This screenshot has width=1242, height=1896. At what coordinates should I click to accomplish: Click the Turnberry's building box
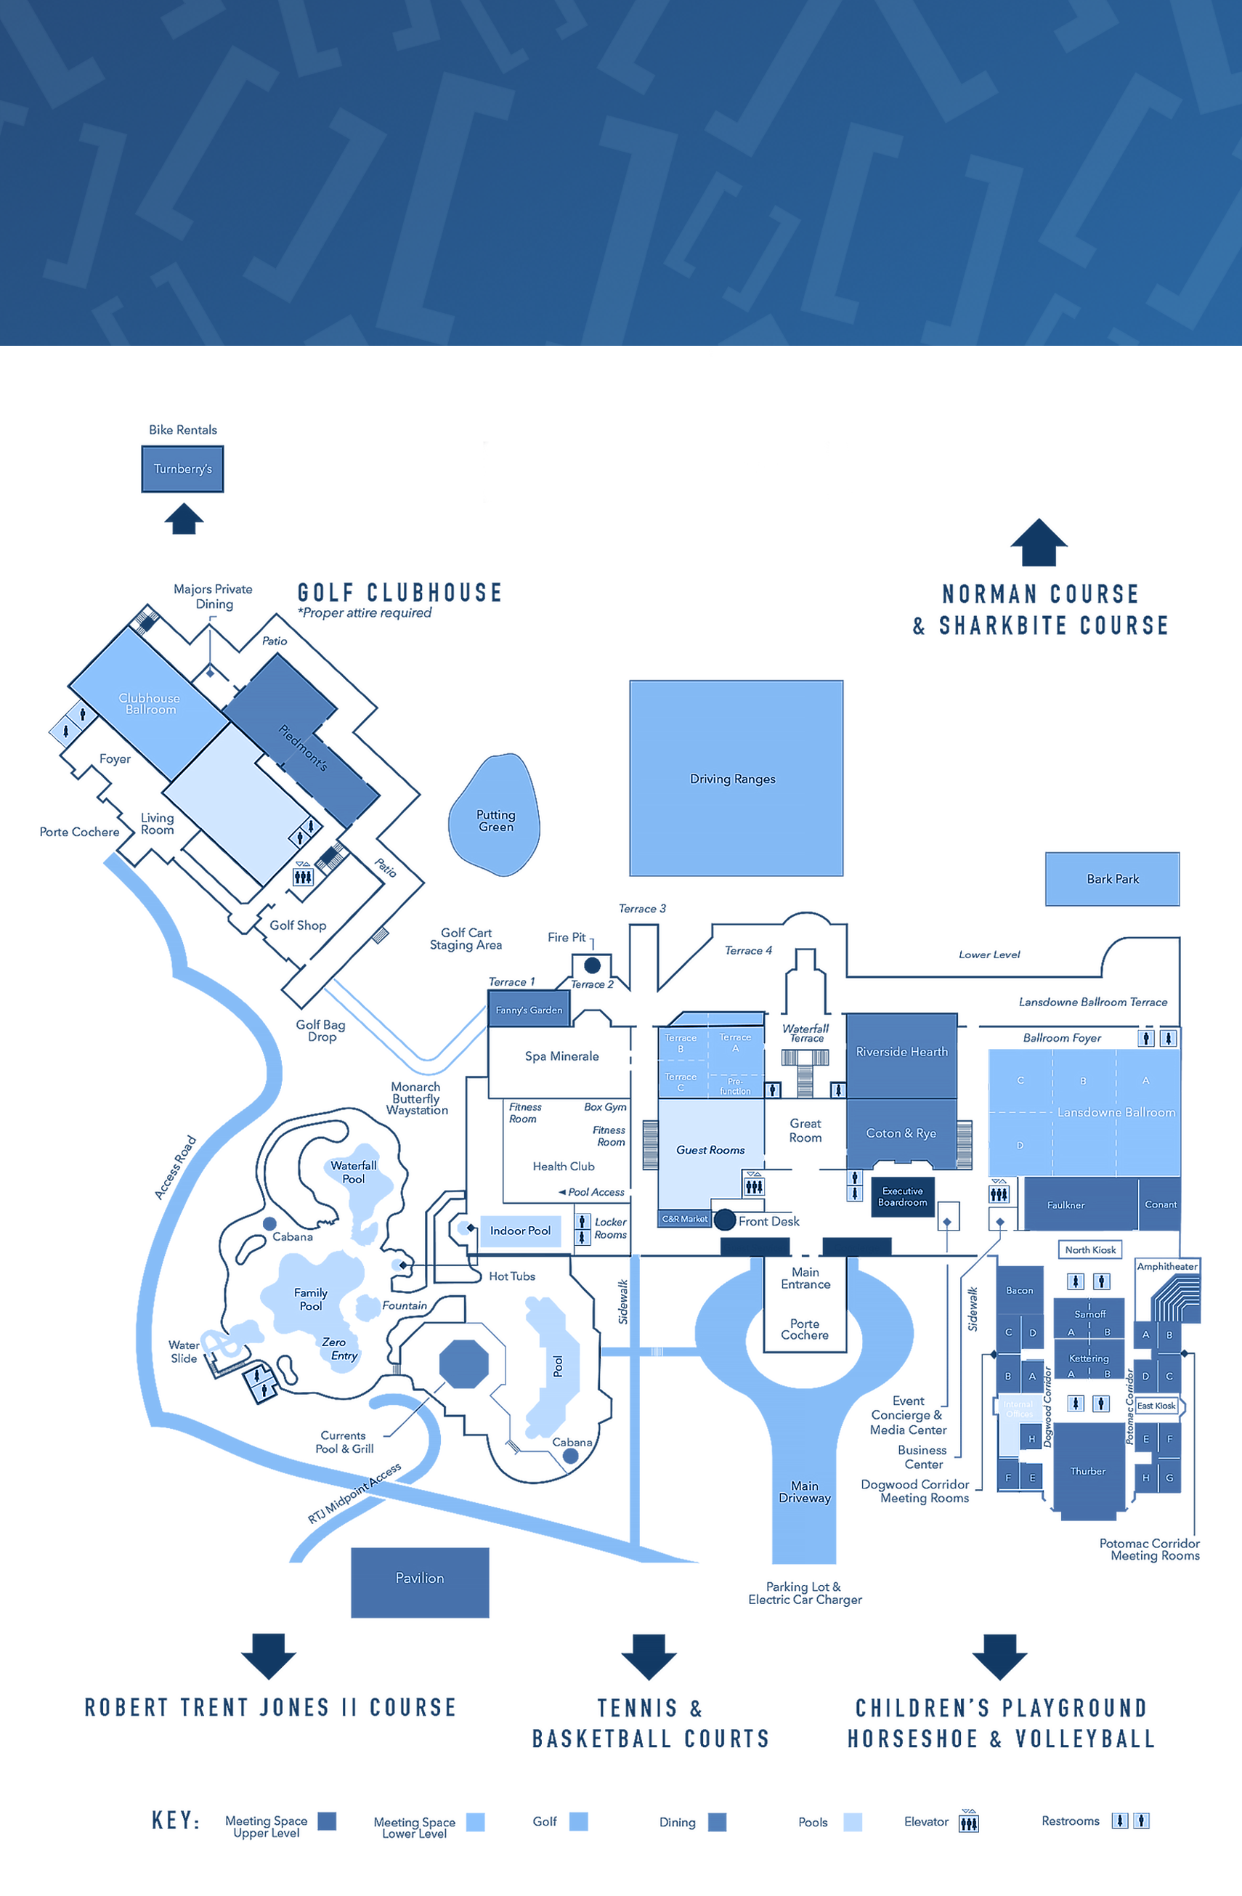pos(182,469)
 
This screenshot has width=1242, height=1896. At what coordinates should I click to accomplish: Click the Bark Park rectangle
pos(1112,879)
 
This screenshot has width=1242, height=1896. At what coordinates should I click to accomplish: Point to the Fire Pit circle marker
pos(592,965)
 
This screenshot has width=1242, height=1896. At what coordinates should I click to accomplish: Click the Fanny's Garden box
pos(529,1009)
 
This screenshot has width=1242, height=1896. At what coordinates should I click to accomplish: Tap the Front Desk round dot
pos(724,1219)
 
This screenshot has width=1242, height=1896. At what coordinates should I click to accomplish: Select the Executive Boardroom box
pos(902,1196)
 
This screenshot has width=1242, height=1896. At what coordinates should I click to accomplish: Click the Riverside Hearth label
pos(902,1052)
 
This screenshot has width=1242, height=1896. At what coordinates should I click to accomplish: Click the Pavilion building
pos(420,1578)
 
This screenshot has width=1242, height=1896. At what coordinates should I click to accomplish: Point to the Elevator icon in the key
pos(969,1821)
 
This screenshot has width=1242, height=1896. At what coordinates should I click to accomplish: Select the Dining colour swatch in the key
pos(717,1822)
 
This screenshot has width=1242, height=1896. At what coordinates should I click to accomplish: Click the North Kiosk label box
pos(1090,1249)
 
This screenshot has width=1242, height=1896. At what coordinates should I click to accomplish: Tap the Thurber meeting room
pos(1087,1471)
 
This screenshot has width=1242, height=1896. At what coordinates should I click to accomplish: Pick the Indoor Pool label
pos(520,1230)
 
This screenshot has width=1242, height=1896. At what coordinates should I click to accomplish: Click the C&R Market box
pos(684,1219)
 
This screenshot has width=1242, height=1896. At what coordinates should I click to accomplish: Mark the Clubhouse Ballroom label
pos(150,703)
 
